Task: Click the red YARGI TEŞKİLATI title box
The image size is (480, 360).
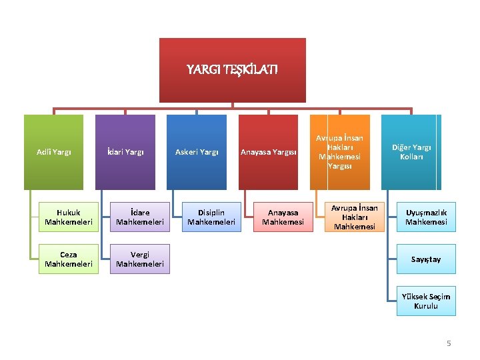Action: coord(232,69)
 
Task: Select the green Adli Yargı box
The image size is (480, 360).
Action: coord(54,152)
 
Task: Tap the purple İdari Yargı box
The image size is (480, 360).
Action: coord(125,152)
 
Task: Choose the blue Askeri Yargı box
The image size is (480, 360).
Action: coord(197,152)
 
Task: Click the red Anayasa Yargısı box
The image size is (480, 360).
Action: coord(268,152)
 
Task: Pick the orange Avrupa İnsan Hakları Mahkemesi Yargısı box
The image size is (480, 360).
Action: coord(339,152)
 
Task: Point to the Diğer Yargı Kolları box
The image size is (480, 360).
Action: coord(411,152)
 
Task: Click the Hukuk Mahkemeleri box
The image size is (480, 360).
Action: coord(68,217)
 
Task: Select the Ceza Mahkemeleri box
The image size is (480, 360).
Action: coord(68,259)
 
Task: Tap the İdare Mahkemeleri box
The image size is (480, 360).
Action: coord(139,217)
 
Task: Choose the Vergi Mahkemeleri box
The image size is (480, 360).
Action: coord(139,259)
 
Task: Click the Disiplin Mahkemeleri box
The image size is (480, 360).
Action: coord(211,217)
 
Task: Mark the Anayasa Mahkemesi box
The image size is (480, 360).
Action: coord(283,217)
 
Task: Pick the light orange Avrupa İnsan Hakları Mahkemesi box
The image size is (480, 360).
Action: coord(355,217)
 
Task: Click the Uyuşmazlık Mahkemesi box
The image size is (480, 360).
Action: coord(426,217)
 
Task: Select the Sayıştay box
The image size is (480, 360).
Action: coord(426,259)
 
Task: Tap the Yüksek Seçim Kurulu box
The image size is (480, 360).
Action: coord(426,301)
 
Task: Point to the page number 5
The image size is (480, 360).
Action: coord(449,343)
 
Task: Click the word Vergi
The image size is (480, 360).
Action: coord(139,254)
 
